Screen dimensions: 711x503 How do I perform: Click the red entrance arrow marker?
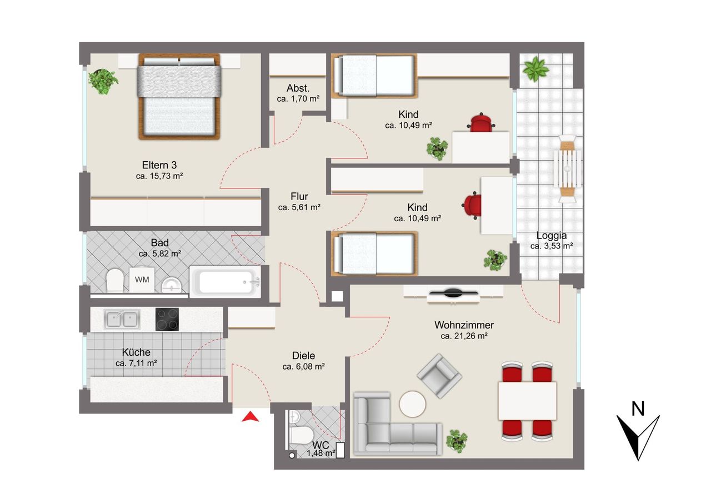(251, 417)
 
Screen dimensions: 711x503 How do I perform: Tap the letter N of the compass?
(638, 409)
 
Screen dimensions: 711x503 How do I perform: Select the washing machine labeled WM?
(142, 280)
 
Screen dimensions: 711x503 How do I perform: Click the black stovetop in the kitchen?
(167, 319)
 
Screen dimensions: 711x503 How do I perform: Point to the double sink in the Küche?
(122, 319)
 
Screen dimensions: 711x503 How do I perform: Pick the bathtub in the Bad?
(225, 282)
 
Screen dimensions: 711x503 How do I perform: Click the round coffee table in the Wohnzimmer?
(412, 404)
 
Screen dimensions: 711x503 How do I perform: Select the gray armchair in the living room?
(439, 376)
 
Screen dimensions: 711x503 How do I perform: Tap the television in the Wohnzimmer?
(453, 293)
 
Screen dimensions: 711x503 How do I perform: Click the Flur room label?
(299, 196)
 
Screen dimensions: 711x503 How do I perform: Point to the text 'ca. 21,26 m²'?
(464, 336)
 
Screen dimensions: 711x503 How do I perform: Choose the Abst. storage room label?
(298, 88)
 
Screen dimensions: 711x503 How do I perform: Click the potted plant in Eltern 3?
(103, 81)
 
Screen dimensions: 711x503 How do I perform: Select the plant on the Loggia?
(536, 68)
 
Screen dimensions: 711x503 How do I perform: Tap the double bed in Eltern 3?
(179, 97)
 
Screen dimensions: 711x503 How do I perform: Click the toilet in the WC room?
(301, 435)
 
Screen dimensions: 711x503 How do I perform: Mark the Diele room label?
(303, 355)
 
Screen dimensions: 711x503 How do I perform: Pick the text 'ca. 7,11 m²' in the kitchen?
(136, 363)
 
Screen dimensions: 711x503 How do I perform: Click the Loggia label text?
(552, 236)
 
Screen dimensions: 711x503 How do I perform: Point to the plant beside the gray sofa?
(457, 441)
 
